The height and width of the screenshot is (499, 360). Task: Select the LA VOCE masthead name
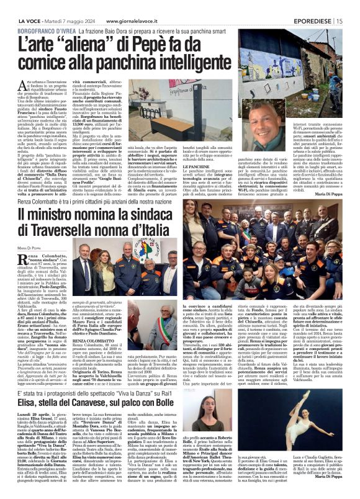[x=16, y=5]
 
